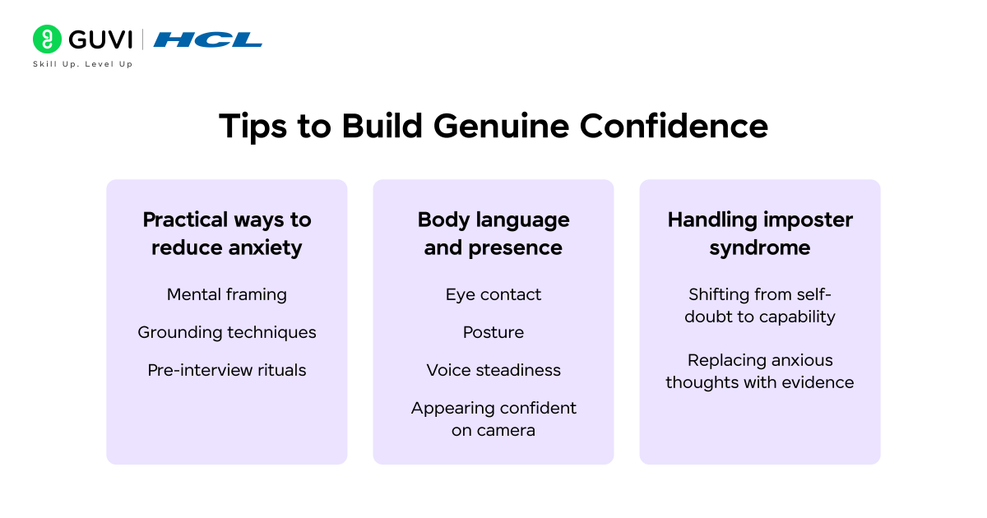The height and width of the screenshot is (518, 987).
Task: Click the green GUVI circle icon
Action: pyautogui.click(x=47, y=39)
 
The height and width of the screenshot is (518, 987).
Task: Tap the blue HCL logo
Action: pyautogui.click(x=207, y=39)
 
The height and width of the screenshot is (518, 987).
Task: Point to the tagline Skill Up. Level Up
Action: pyautogui.click(x=82, y=64)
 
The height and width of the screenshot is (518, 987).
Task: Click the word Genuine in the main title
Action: pyautogui.click(x=500, y=127)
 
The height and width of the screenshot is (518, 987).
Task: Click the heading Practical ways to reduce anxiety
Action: pyautogui.click(x=227, y=234)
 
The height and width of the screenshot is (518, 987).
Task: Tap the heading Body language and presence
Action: pyautogui.click(x=493, y=234)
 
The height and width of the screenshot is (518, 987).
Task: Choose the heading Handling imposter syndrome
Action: pyautogui.click(x=760, y=234)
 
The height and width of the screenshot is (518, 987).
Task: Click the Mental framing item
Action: pyautogui.click(x=227, y=294)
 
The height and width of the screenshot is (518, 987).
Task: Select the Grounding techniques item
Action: pyautogui.click(x=227, y=332)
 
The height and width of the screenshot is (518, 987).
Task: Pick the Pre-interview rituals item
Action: pyautogui.click(x=227, y=370)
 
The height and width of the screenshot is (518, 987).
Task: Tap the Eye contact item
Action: pyautogui.click(x=493, y=294)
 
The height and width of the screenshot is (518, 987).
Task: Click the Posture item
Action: pyautogui.click(x=493, y=332)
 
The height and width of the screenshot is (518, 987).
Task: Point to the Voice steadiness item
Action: pyautogui.click(x=493, y=370)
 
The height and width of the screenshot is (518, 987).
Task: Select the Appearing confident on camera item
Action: pyautogui.click(x=493, y=419)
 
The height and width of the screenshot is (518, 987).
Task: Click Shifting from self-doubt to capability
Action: pyautogui.click(x=760, y=305)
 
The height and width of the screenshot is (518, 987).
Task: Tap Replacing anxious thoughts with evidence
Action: pyautogui.click(x=760, y=371)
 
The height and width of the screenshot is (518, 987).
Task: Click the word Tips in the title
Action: pyautogui.click(x=249, y=127)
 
